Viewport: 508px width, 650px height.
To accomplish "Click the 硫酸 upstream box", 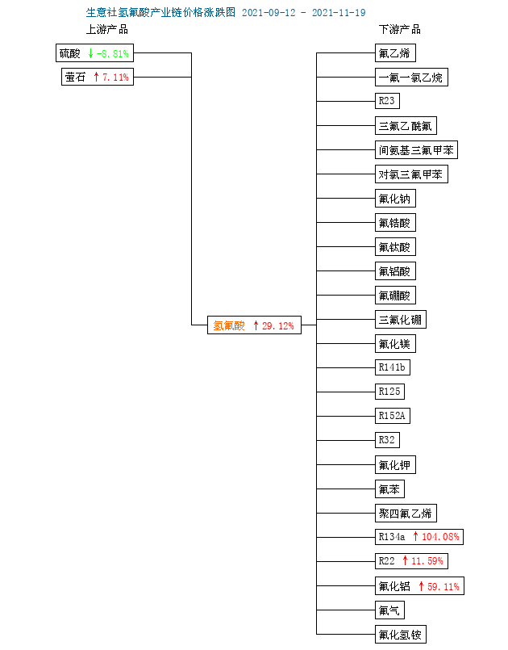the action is (x=95, y=53).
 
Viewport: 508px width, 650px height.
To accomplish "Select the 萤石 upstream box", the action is (x=98, y=77).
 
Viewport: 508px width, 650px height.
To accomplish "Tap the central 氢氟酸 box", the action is (x=254, y=325).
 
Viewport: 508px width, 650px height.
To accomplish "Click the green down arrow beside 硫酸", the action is (x=90, y=53).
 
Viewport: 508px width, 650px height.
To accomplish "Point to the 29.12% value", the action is (x=278, y=326).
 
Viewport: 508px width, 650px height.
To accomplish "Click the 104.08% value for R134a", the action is (x=440, y=537).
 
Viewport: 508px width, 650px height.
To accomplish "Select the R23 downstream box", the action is (x=388, y=101).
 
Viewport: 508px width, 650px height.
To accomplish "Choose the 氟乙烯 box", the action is (x=395, y=53).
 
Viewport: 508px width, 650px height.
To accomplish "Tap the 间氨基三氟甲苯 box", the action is (x=416, y=149).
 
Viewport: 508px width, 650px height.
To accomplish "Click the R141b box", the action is (x=393, y=367).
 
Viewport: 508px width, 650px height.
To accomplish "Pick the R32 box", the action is (x=388, y=440).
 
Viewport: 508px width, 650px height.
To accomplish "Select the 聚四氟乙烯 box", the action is (x=406, y=514).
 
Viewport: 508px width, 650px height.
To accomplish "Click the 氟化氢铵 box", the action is (x=401, y=634).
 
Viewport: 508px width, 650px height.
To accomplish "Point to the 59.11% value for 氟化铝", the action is (x=443, y=586).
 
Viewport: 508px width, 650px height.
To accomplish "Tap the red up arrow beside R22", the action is (x=406, y=561).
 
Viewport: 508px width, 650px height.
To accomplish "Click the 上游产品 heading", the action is (x=106, y=29).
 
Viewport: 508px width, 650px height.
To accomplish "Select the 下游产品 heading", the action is (x=399, y=29).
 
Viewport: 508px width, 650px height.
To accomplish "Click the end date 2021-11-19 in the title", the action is (x=339, y=13).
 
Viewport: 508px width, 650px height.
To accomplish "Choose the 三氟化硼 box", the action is (x=401, y=320).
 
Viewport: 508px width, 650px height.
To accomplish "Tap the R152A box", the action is (x=393, y=416).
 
